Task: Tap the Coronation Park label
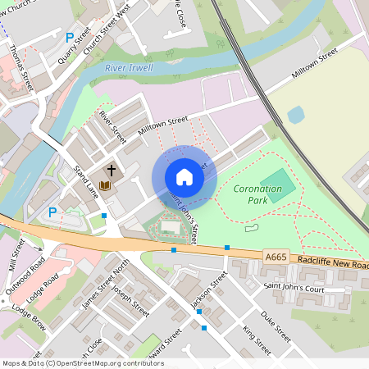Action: point(257,194)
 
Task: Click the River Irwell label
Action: point(129,68)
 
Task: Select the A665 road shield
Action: point(276,257)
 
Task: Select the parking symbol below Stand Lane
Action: point(52,212)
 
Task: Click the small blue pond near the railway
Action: point(296,114)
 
